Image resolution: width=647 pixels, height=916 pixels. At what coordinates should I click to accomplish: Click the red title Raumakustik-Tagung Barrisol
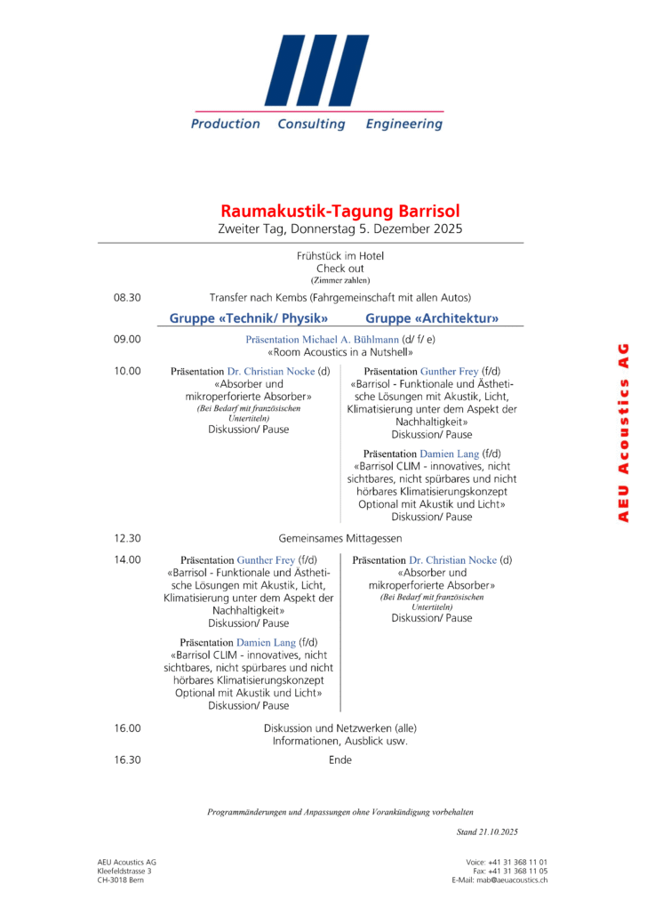(x=340, y=212)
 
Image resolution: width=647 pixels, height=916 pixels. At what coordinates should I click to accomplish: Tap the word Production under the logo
(x=226, y=125)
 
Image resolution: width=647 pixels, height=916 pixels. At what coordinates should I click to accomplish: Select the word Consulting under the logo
(x=311, y=125)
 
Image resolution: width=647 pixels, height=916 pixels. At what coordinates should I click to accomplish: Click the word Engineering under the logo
(x=403, y=125)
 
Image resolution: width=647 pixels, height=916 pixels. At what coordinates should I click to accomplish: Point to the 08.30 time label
(x=127, y=297)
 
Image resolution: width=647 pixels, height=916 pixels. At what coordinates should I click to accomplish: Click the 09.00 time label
(x=127, y=339)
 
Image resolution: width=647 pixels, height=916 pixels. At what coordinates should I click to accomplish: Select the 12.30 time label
(x=127, y=538)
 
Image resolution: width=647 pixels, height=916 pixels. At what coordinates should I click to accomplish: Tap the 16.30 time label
(x=127, y=759)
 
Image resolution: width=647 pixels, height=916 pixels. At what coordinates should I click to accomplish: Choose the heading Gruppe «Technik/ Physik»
(x=250, y=318)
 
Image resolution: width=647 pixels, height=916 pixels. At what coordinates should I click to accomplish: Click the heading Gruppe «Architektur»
(x=432, y=318)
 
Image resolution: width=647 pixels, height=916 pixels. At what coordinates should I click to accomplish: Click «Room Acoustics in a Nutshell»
(x=340, y=352)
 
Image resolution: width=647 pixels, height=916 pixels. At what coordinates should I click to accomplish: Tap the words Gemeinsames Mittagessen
(x=340, y=538)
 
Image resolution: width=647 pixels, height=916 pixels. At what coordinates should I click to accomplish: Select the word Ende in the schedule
(x=340, y=759)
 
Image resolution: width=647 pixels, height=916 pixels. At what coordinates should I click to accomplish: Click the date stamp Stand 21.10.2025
(x=487, y=832)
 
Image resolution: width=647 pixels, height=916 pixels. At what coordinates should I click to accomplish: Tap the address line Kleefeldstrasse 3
(x=124, y=871)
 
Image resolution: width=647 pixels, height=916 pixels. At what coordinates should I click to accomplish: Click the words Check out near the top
(x=340, y=269)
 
